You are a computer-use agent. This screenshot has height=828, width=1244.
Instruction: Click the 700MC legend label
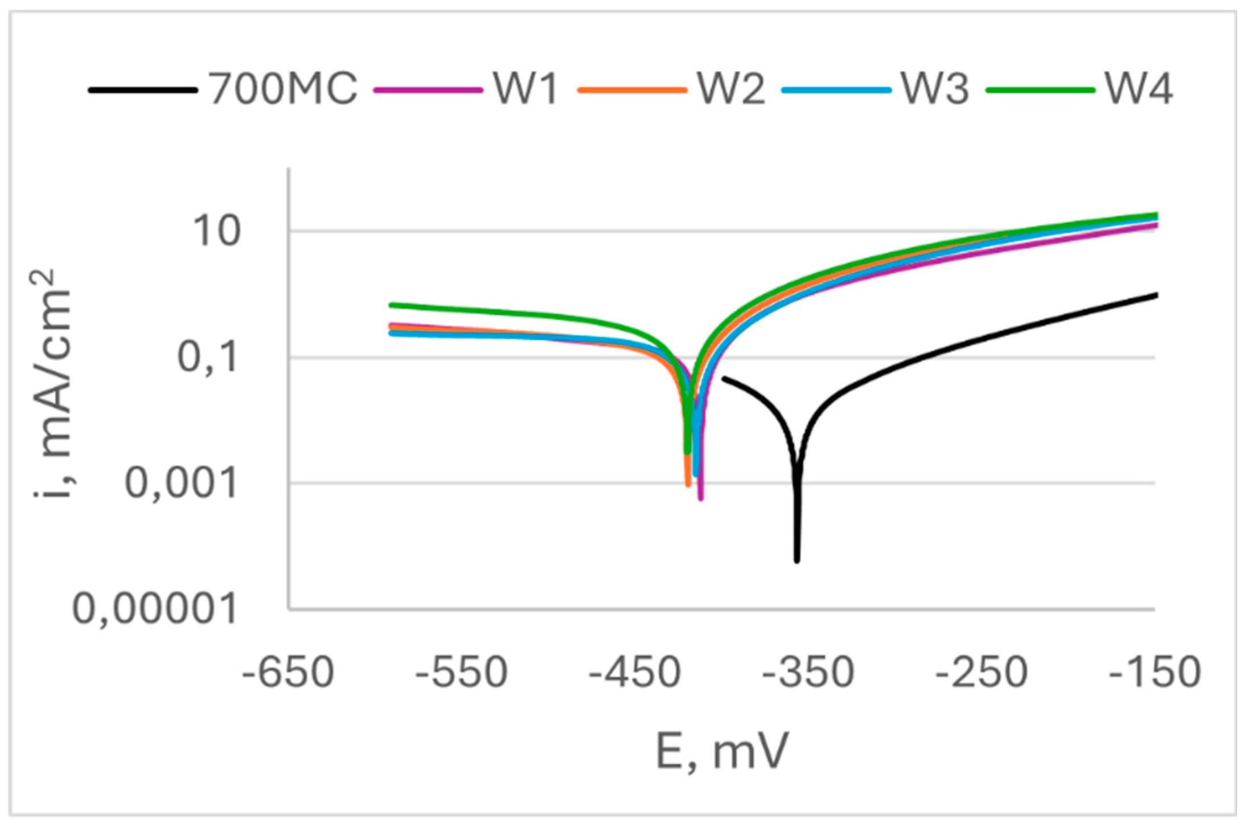coord(283,89)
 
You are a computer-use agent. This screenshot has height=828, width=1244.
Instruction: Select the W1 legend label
coord(525,89)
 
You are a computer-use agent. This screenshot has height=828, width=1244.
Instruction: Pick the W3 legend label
coord(935,89)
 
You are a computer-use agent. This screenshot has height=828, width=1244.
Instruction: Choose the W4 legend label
coord(1139,89)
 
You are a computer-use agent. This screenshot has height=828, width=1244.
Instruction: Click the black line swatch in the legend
coord(143,90)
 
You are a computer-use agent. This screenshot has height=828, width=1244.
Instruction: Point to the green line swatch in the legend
coord(1040,90)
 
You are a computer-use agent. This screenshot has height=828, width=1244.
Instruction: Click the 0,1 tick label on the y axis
coord(207,358)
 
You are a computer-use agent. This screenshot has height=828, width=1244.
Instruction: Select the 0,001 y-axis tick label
coord(180,483)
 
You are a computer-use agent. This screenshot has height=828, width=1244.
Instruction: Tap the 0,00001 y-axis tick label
coord(154,609)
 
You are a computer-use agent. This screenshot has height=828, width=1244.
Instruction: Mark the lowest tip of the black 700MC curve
coord(797,561)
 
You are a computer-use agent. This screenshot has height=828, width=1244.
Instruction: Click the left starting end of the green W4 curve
coord(392,305)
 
